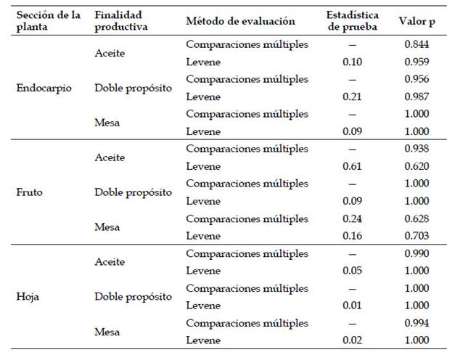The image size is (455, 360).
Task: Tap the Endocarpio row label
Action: coord(42,88)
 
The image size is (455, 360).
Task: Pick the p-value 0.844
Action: coord(417,44)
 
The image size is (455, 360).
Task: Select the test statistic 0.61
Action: coord(353,166)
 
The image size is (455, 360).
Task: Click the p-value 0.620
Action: coord(417,166)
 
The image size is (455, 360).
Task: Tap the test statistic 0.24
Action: coord(353,218)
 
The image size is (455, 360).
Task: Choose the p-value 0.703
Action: coord(417,236)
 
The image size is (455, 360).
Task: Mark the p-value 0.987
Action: coord(417,97)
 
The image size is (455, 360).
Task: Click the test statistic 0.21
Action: coord(353,97)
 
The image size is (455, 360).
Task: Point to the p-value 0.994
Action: coord(417,323)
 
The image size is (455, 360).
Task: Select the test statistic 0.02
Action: coord(353,340)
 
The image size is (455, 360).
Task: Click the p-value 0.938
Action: coord(417,149)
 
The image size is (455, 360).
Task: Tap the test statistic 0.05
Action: coord(353,271)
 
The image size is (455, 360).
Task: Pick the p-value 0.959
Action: coord(417,62)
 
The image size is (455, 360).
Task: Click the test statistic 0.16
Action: coord(353,236)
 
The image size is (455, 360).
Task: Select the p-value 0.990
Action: coord(417,253)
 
